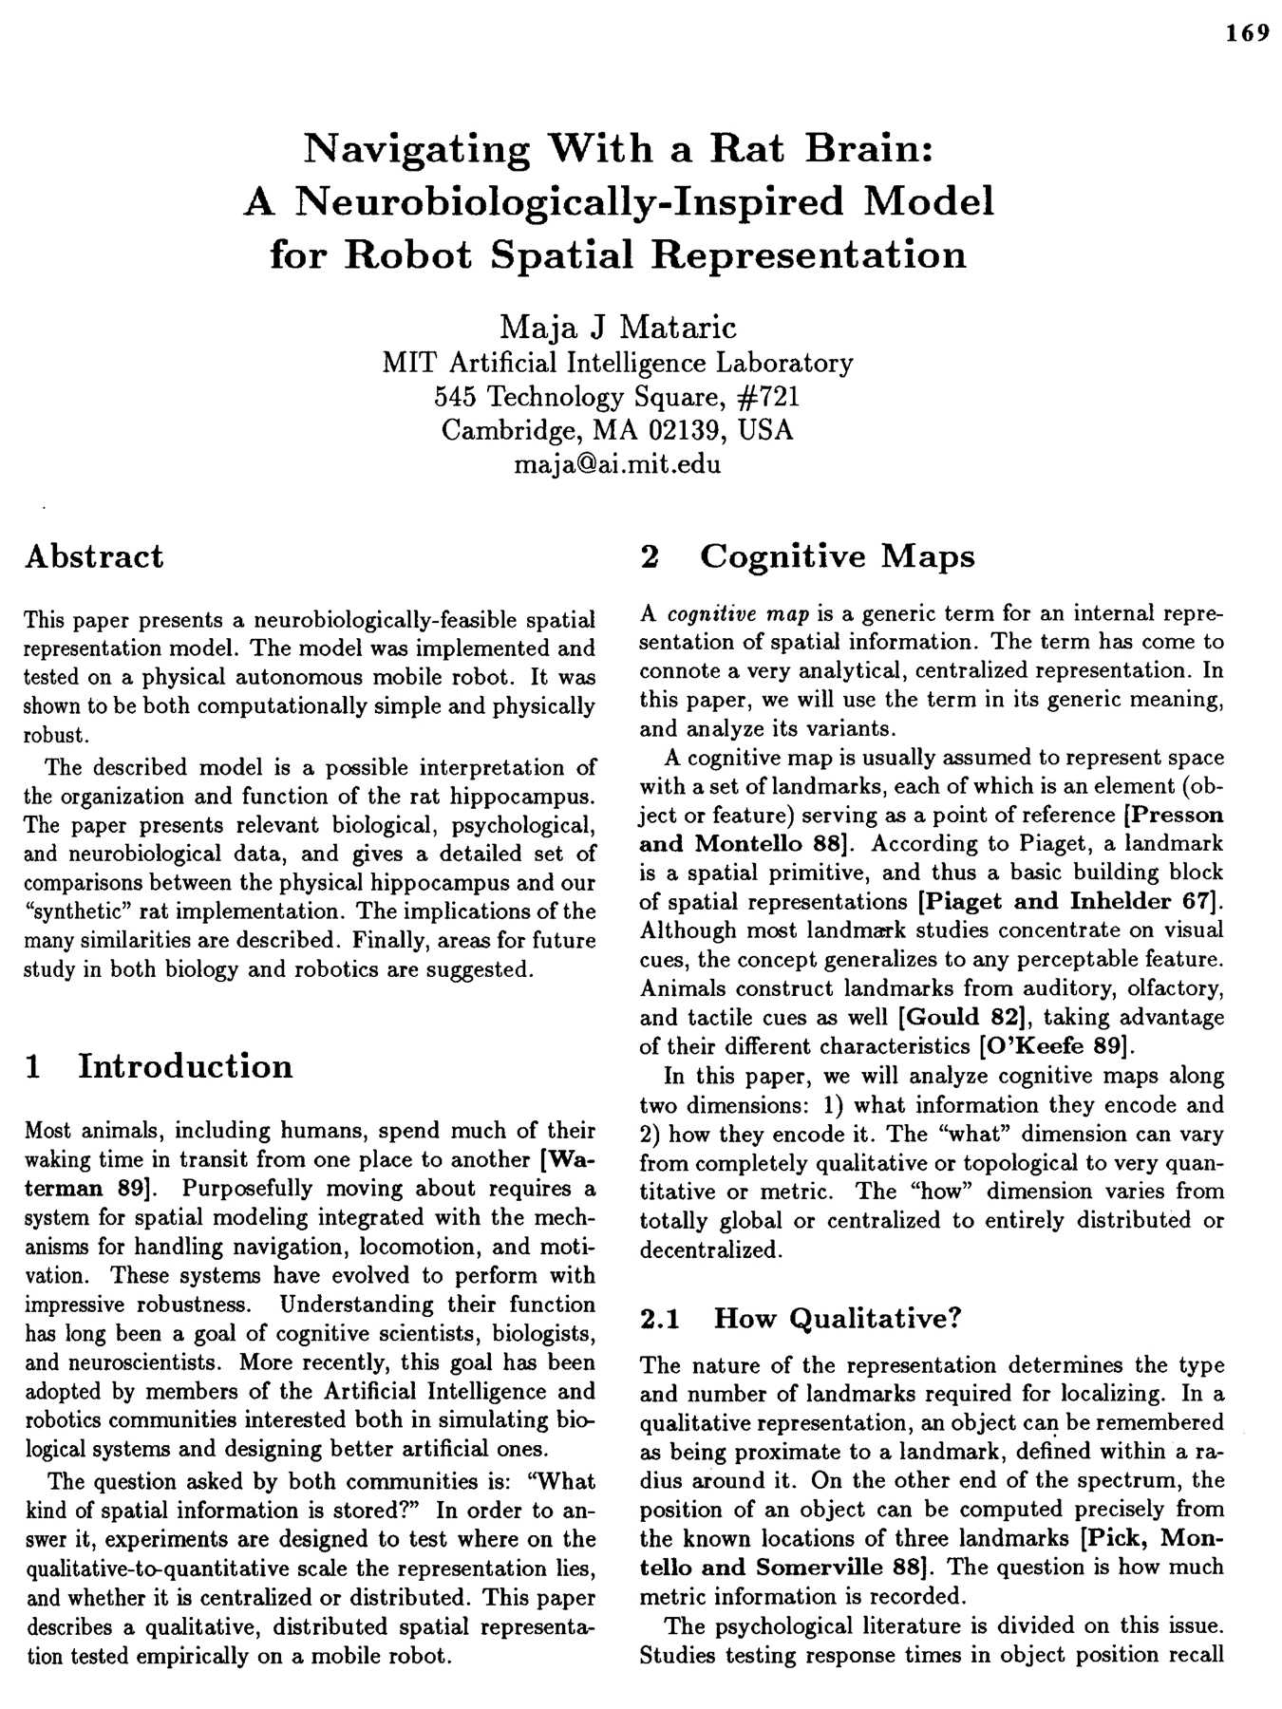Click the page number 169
tap(1247, 33)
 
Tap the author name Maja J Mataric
tap(617, 328)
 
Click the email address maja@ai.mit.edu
tap(617, 464)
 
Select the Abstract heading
tap(94, 556)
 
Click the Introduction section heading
tap(185, 1066)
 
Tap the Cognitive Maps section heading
tap(837, 556)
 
